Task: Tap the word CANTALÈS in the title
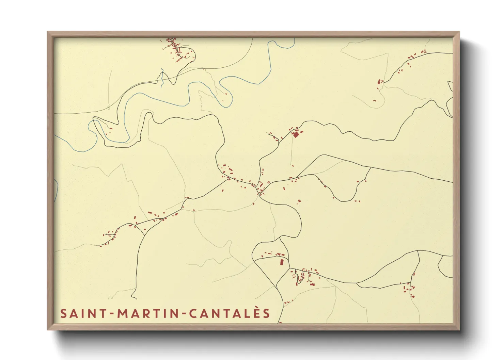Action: coord(230,313)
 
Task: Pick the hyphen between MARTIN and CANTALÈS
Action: coord(184,314)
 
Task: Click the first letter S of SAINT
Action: coord(63,313)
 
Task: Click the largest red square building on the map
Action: coord(296,135)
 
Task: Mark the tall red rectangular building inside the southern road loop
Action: coord(282,262)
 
